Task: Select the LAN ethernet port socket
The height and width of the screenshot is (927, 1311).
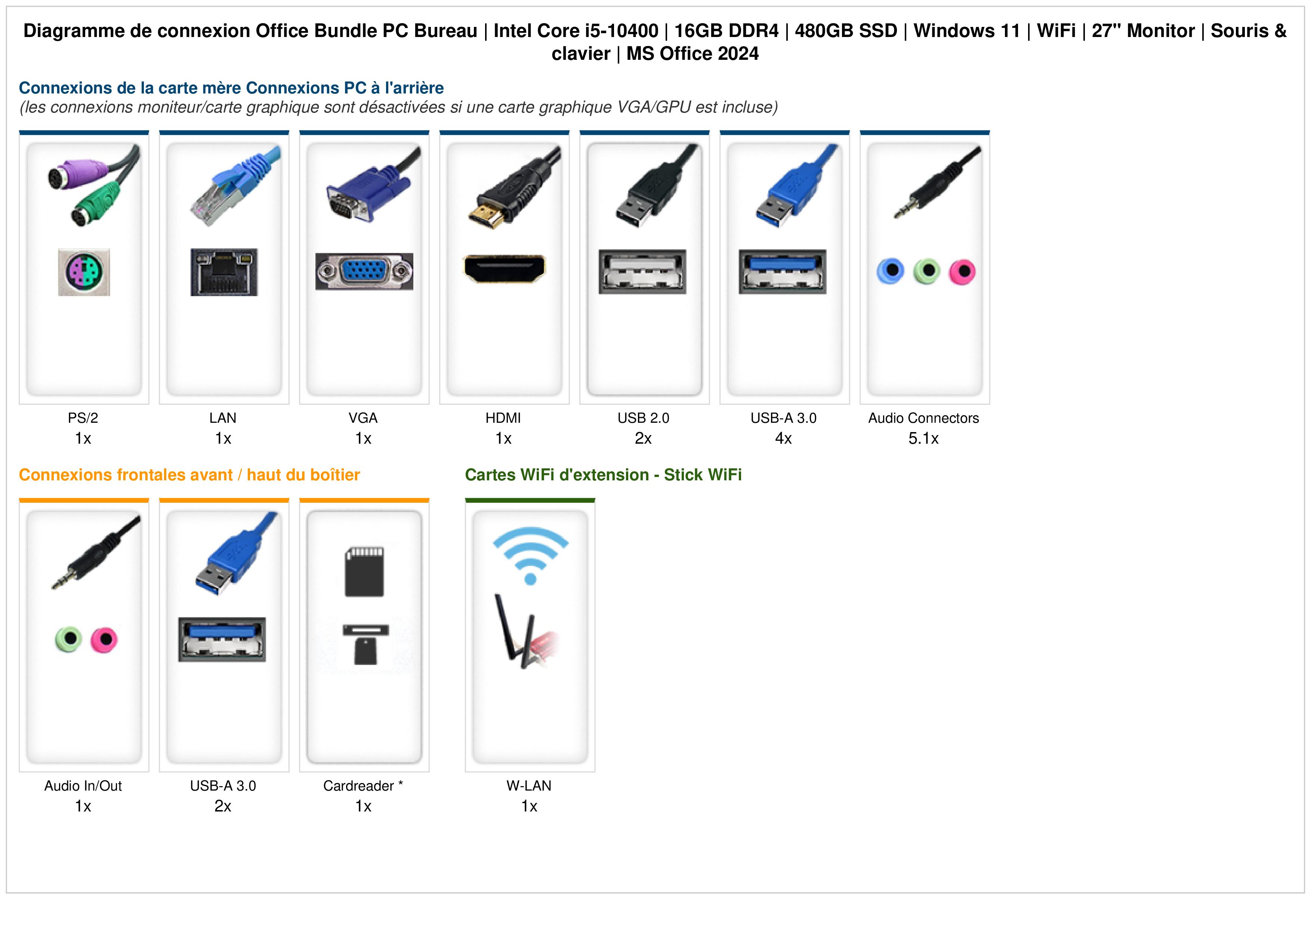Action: tap(224, 272)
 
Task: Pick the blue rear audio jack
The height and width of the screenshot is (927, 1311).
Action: tap(891, 271)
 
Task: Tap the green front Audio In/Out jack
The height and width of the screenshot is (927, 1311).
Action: tap(68, 639)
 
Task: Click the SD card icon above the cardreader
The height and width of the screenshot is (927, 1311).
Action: tap(364, 572)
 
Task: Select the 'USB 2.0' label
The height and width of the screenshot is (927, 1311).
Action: tap(644, 418)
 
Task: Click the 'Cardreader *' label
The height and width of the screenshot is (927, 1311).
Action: tap(363, 786)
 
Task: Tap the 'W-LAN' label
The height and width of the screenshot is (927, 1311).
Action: tap(529, 786)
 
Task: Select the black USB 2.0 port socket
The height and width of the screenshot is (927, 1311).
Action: tap(642, 272)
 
